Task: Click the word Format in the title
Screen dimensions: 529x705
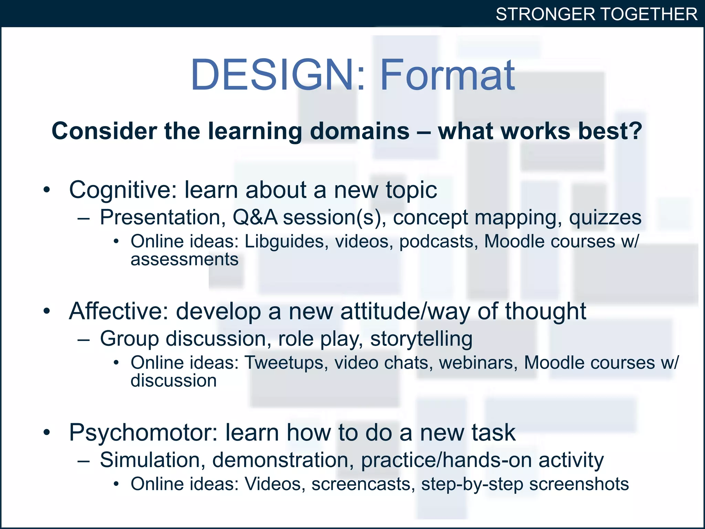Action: (447, 75)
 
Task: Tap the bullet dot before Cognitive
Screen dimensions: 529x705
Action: (47, 190)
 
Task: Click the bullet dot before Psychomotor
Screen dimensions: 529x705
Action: (47, 433)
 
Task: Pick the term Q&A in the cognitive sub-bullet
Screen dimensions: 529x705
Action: (255, 218)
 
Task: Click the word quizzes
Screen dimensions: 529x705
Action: (605, 218)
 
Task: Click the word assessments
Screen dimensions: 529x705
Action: (185, 259)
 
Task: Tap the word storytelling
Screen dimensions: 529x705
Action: (421, 339)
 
